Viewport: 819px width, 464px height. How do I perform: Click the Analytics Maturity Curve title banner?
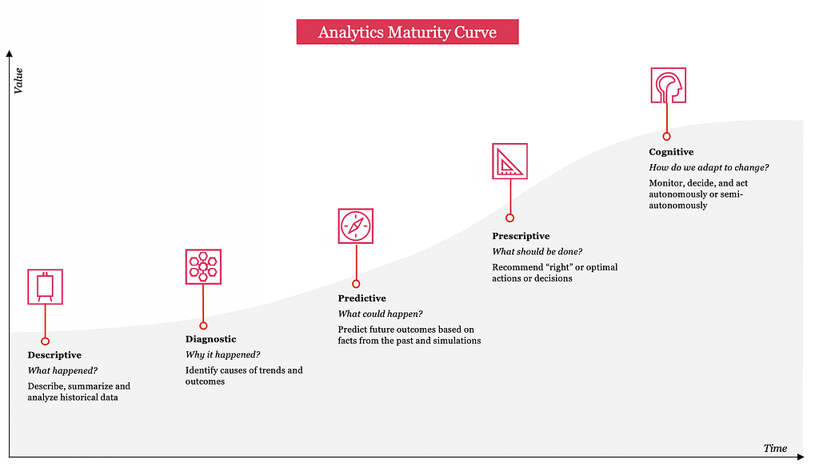click(407, 32)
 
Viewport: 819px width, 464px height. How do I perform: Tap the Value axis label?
click(18, 81)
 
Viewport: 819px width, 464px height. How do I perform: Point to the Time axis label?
click(775, 448)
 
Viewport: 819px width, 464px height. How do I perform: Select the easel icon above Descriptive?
click(46, 287)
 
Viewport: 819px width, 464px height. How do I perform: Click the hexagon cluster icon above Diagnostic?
click(203, 267)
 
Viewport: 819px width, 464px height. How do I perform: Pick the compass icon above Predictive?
click(356, 226)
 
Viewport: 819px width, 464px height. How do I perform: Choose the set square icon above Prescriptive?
click(509, 162)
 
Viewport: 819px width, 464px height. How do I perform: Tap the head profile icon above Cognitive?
click(669, 85)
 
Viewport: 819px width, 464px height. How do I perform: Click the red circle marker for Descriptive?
click(46, 342)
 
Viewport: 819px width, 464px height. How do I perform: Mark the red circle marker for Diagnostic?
click(203, 326)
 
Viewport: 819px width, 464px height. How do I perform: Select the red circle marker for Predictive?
click(356, 284)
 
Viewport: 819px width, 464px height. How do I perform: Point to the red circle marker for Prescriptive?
click(509, 218)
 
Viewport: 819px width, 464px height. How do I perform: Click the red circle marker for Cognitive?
click(666, 136)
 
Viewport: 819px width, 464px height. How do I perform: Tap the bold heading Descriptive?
click(54, 354)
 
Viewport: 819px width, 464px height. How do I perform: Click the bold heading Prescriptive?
click(521, 236)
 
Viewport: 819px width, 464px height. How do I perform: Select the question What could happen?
click(380, 314)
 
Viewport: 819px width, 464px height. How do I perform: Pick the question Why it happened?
click(222, 354)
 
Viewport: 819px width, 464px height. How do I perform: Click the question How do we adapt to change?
click(709, 167)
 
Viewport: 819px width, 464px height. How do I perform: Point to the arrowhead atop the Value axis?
click(9, 54)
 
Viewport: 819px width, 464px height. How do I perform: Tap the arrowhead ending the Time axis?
click(801, 458)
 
